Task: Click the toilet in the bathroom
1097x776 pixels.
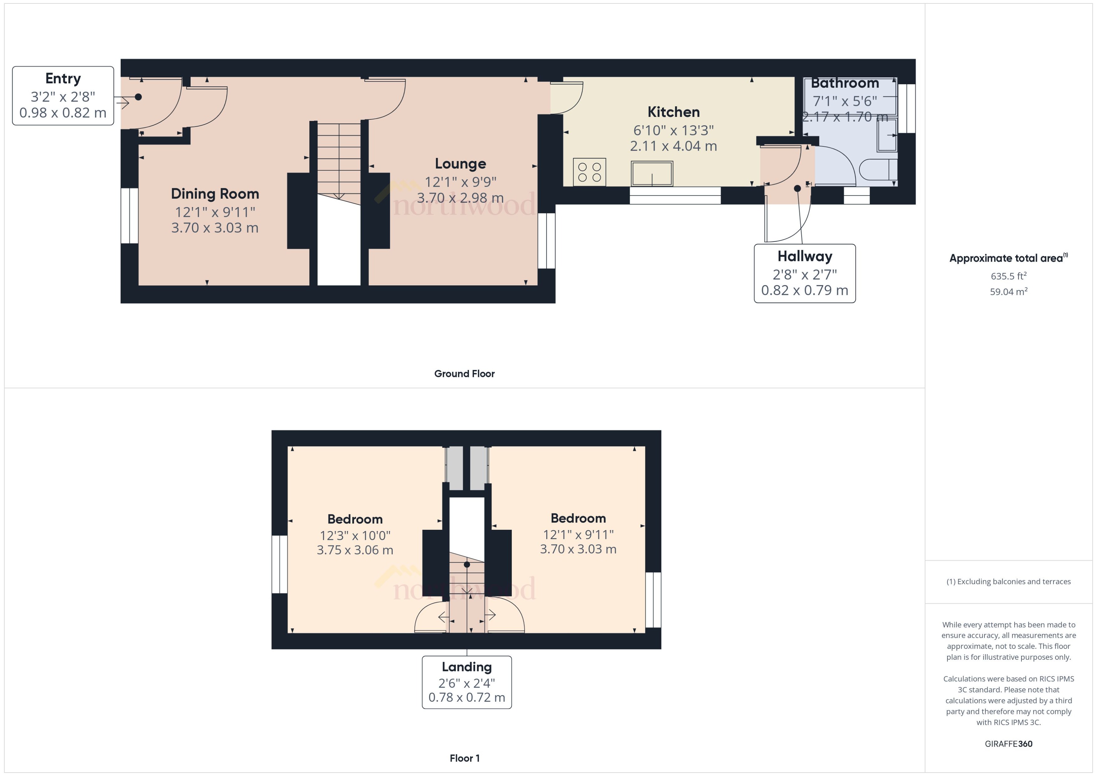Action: click(x=878, y=169)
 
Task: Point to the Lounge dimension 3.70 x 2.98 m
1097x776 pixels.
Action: click(x=460, y=198)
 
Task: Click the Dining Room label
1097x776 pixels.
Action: click(x=215, y=194)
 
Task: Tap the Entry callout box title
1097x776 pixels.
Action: click(x=63, y=78)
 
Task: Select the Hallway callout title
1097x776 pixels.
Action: click(x=805, y=257)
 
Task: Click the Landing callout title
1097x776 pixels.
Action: click(x=466, y=667)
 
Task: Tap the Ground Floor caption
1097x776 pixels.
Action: click(x=464, y=374)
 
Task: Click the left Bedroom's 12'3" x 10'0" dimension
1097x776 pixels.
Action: click(x=355, y=536)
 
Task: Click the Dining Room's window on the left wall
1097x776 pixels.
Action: click(x=129, y=216)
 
